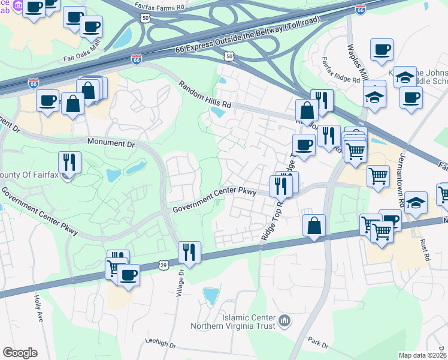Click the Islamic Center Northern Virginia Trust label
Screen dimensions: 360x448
(x=232, y=322)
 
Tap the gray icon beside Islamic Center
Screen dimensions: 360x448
(x=284, y=322)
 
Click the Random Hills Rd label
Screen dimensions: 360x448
(x=204, y=94)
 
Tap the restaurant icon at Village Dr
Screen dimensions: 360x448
(x=190, y=252)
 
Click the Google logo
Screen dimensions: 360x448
(x=20, y=353)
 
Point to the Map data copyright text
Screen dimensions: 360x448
(x=423, y=355)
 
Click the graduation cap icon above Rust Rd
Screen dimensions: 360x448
(x=416, y=203)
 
